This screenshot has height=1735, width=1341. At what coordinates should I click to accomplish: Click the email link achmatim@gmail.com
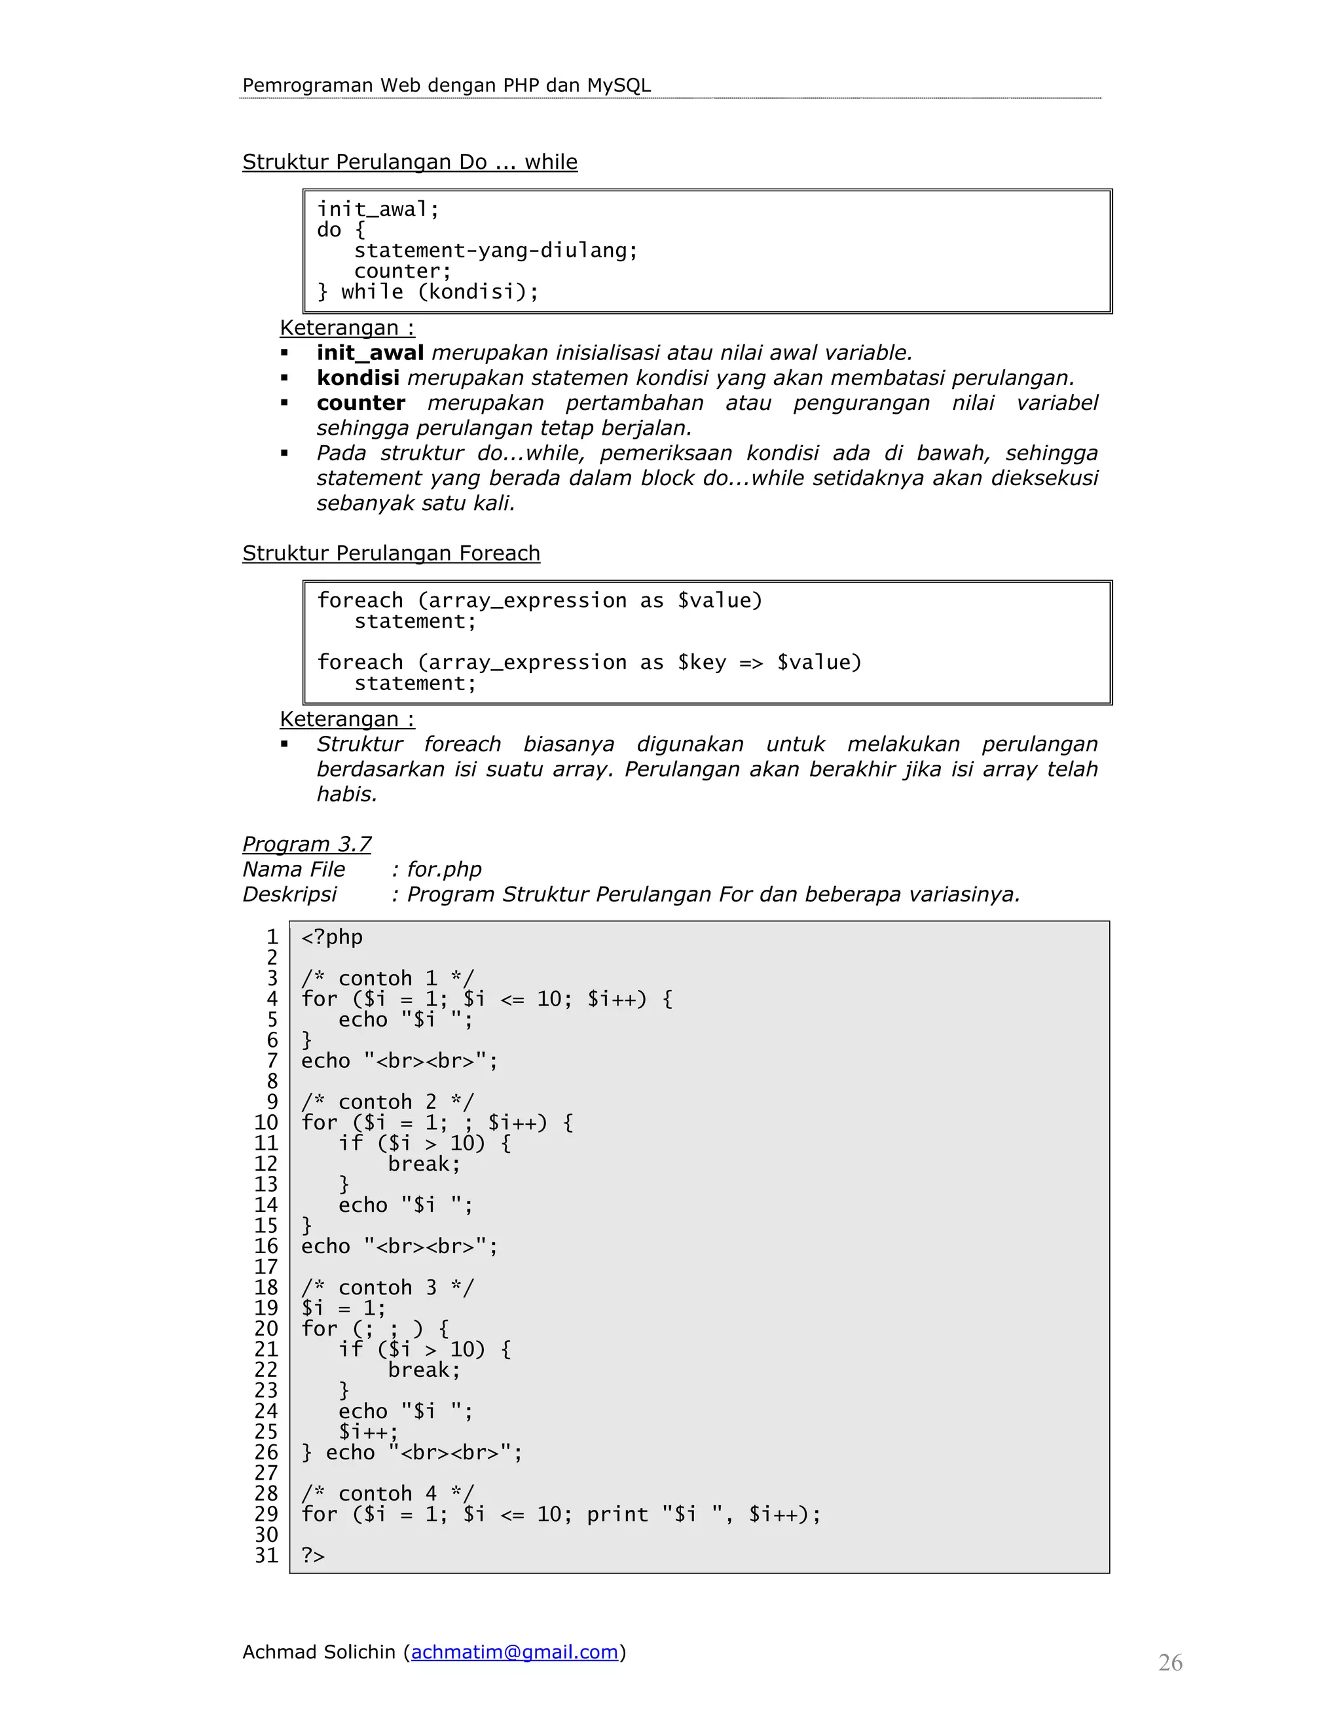514,1652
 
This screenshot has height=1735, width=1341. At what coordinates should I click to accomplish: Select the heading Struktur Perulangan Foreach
391,553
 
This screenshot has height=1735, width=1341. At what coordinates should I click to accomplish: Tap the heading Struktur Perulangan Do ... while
409,162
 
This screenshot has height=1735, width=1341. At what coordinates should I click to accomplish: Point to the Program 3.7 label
306,844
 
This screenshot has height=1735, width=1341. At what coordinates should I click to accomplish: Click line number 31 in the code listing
266,1556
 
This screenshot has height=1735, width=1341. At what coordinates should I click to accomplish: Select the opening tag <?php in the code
332,938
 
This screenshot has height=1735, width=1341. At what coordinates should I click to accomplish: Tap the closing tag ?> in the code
313,1556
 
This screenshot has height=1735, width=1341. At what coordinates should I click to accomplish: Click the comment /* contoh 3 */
387,1287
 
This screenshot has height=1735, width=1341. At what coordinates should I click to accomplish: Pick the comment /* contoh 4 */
387,1493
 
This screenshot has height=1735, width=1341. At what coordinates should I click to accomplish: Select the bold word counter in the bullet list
361,403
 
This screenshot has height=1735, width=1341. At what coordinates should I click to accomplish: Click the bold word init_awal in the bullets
369,353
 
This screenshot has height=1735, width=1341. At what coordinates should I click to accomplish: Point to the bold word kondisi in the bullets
358,378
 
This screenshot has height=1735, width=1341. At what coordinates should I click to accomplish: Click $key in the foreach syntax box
701,663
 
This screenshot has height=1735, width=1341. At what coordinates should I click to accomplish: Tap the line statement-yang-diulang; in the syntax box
496,251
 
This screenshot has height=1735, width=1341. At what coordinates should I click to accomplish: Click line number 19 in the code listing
266,1307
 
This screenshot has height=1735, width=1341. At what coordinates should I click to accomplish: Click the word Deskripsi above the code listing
289,894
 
